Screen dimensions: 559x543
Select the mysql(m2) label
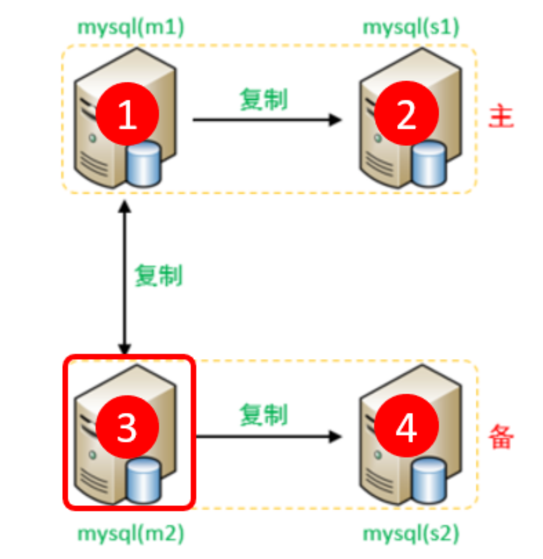pyautogui.click(x=130, y=534)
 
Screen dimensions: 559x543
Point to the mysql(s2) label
pyautogui.click(x=411, y=534)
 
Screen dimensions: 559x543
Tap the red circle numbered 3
pyautogui.click(x=127, y=427)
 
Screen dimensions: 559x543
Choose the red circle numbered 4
pyautogui.click(x=406, y=427)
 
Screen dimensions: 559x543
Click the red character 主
pyautogui.click(x=501, y=117)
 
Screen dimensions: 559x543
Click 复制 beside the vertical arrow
pyautogui.click(x=158, y=276)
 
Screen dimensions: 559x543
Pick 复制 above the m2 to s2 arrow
pyautogui.click(x=263, y=415)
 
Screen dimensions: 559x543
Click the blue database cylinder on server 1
pyautogui.click(x=144, y=165)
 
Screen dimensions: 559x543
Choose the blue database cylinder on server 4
pyautogui.click(x=429, y=480)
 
